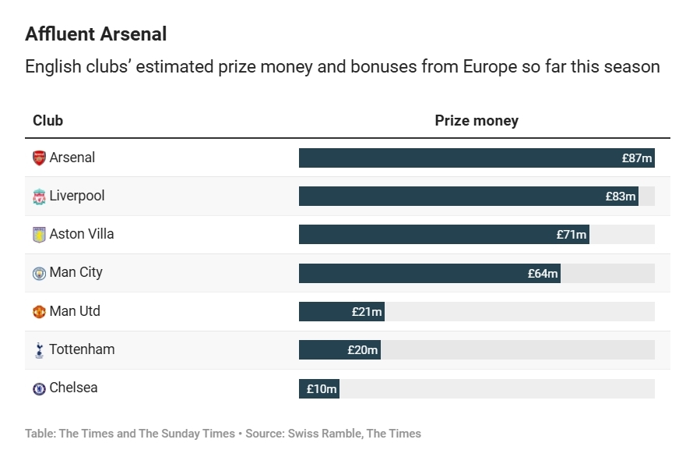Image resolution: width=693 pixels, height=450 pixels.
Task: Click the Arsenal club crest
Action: pos(39,158)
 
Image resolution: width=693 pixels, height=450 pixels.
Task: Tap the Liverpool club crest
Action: pos(39,196)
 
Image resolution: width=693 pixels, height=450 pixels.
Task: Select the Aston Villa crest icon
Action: pos(39,234)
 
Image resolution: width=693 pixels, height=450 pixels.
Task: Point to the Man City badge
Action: pos(39,273)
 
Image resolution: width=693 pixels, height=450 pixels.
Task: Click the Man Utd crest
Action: pos(39,311)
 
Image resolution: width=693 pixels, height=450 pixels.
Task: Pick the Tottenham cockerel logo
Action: pos(39,350)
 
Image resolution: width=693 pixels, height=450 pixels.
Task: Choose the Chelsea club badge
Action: pos(39,388)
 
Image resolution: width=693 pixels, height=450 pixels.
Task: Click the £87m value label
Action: pos(636,158)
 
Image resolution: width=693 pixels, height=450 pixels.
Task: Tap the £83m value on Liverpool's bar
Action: pos(621,197)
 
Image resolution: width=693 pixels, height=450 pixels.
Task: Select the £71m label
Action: pos(572,235)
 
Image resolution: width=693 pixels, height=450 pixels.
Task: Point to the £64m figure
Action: pos(543,273)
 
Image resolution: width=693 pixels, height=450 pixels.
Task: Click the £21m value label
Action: pos(367,312)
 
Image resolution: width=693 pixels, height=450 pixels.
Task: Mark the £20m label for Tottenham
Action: pos(362,350)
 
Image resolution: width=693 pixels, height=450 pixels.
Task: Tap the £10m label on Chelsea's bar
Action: pos(322,388)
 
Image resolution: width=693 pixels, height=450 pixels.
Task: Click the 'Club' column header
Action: pos(47,121)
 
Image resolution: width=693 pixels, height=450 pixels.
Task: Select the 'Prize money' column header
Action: pos(476,121)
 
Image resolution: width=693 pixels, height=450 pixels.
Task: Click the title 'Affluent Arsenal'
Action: pos(96,34)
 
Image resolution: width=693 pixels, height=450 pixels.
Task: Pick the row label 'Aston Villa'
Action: pos(81,234)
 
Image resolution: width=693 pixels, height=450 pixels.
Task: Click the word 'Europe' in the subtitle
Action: pos(490,67)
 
